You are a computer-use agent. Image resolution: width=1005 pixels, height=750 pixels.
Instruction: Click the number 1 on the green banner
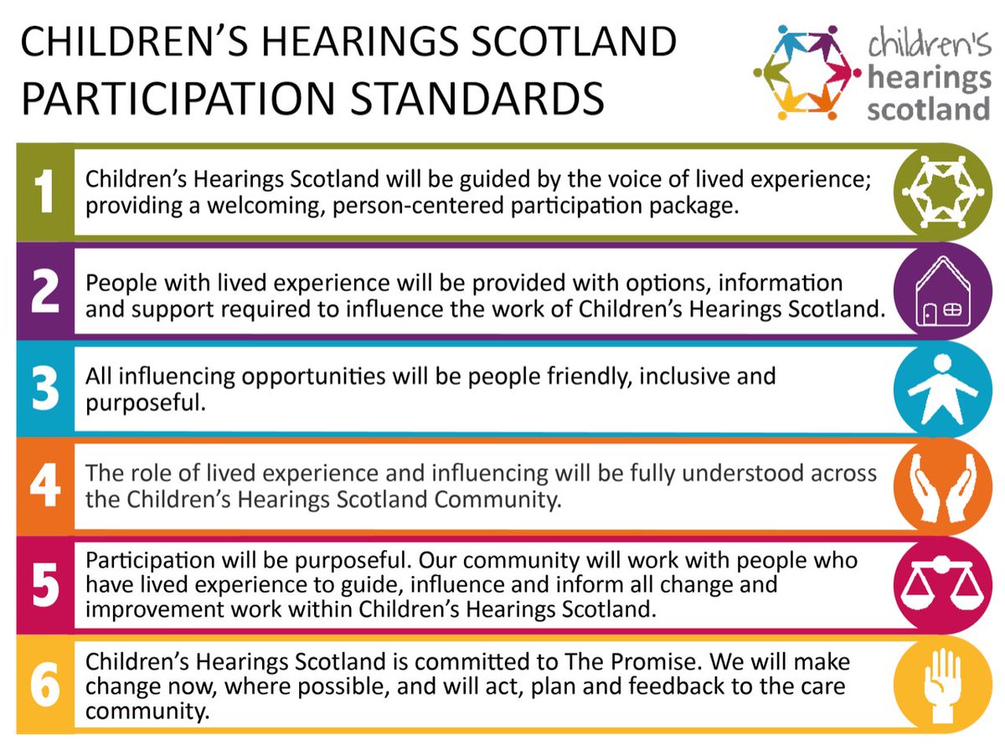click(x=44, y=192)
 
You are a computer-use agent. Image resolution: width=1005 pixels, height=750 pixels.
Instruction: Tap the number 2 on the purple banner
click(x=44, y=290)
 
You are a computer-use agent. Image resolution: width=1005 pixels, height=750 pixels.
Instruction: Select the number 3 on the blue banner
click(x=44, y=388)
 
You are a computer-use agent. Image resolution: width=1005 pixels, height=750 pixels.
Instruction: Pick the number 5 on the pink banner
click(x=44, y=584)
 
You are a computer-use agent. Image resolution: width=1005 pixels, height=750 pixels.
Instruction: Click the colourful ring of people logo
click(x=807, y=71)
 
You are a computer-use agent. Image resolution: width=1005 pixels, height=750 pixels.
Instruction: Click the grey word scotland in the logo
click(x=928, y=108)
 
